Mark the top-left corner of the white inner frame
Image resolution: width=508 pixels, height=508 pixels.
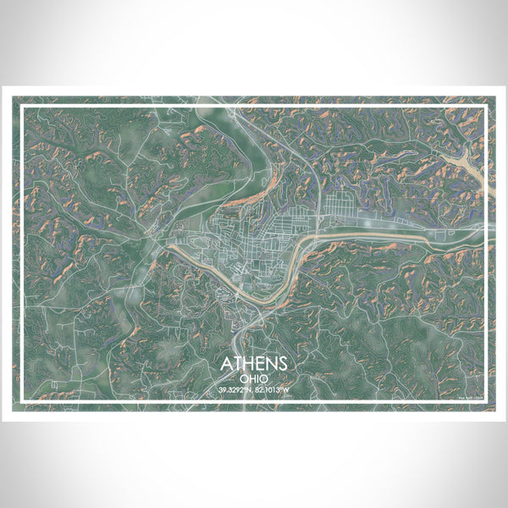point(21,106)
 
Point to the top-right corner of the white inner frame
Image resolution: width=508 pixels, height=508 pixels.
point(488,106)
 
